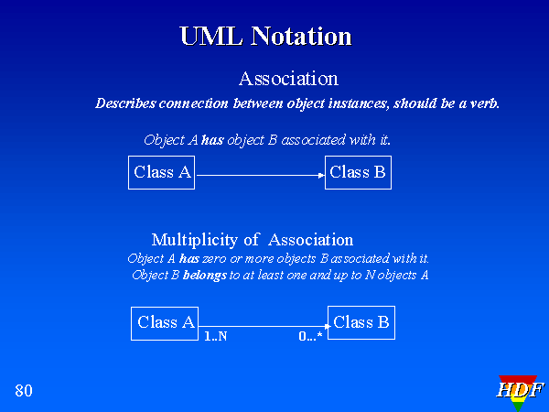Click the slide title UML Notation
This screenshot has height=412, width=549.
click(265, 37)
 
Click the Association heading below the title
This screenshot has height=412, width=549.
click(288, 80)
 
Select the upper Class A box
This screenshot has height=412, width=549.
click(162, 173)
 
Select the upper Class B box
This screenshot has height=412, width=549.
click(358, 173)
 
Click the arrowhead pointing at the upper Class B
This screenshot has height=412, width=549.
click(320, 174)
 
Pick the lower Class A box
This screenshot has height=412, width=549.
click(166, 323)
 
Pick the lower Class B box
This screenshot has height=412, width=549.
click(361, 323)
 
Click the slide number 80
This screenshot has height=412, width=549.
click(24, 392)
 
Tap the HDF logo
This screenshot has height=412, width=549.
click(519, 392)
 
